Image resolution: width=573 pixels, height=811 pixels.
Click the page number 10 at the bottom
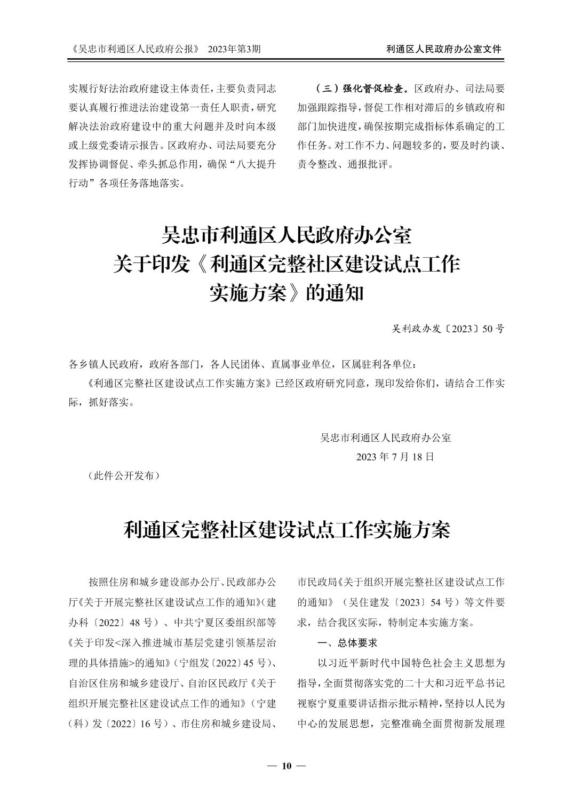coord(286,766)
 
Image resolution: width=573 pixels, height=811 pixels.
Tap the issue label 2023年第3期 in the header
coord(234,49)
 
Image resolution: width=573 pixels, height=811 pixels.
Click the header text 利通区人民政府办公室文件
coord(443,49)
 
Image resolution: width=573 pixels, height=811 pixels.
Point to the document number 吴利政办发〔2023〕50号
coord(448,329)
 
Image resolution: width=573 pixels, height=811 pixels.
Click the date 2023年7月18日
coord(395,457)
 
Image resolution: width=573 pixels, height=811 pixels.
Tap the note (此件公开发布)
coord(123,476)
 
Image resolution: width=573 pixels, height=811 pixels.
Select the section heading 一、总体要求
coord(347,643)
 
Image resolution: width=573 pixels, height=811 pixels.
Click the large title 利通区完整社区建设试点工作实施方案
coord(286,530)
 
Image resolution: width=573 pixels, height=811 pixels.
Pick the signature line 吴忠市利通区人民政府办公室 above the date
coord(385,438)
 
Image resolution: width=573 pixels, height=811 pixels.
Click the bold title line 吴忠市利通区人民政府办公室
coord(286,235)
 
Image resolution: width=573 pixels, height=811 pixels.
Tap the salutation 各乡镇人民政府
coord(104,365)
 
